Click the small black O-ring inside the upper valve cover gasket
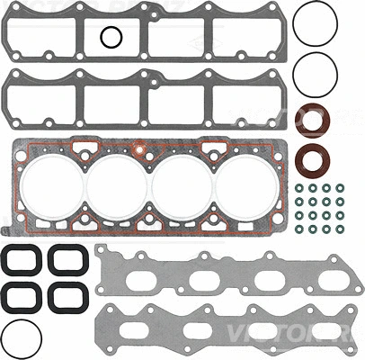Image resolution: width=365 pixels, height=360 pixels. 111,37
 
